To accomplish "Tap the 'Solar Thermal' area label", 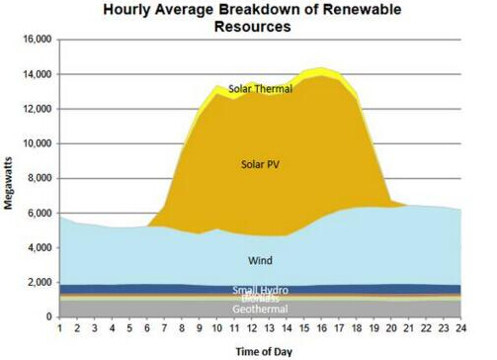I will coord(259,88).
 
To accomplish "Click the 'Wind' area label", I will coord(260,261).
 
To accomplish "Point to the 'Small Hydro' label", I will coord(260,289).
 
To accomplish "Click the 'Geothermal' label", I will coord(260,309).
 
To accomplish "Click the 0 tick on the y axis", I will coord(48,316).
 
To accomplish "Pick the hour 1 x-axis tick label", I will coord(60,328).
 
